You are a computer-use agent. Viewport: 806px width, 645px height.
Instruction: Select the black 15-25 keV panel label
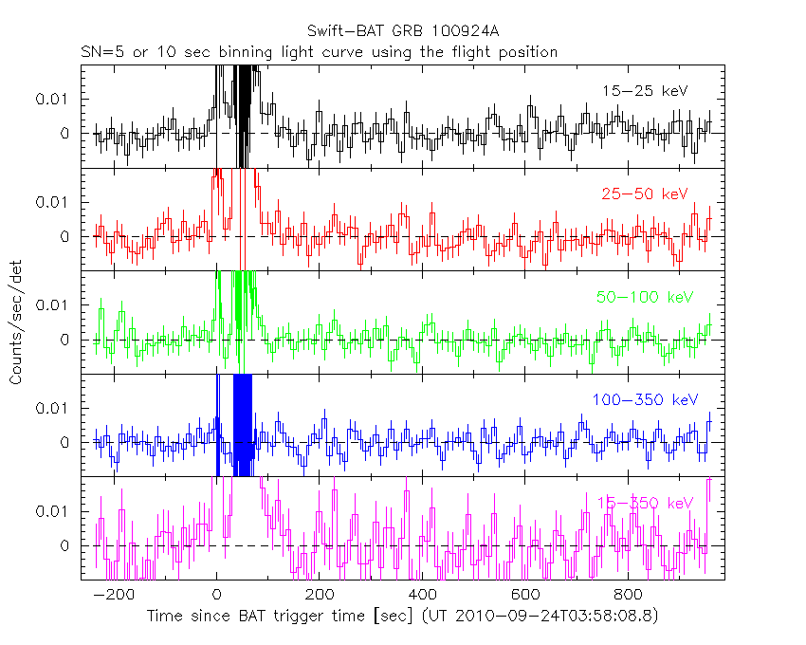(x=644, y=91)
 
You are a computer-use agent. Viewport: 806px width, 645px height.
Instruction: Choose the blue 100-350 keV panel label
(x=644, y=400)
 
